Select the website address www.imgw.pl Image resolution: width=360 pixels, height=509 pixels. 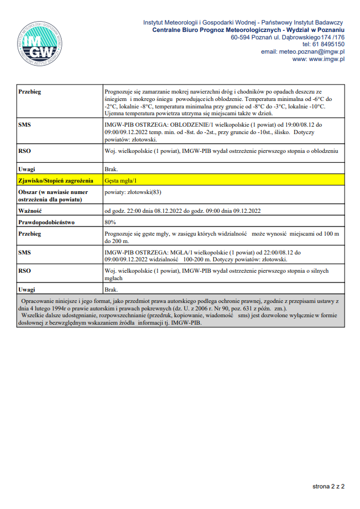(318, 59)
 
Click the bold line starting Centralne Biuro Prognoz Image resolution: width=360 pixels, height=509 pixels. (248, 29)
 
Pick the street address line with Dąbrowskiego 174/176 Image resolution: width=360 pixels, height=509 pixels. (288, 37)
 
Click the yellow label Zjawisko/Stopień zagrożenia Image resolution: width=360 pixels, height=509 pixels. (55, 180)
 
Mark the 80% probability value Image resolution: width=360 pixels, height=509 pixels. (111, 222)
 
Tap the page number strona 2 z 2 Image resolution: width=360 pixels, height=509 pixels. (329, 487)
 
